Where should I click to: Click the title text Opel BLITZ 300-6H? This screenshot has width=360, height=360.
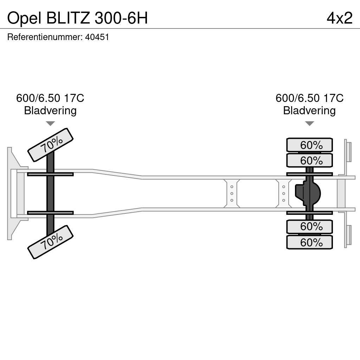pos(77,18)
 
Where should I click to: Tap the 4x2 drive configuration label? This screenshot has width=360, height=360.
pos(339,18)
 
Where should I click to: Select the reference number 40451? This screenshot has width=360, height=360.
pos(97,37)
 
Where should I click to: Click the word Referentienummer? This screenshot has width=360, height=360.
pos(45,37)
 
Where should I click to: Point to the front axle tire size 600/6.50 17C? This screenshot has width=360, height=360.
pos(50,98)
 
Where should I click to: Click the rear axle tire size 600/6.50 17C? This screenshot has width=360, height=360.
pos(309,98)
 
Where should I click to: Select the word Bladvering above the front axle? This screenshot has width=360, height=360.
pos(50,111)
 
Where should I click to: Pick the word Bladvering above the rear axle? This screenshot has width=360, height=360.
pos(309,111)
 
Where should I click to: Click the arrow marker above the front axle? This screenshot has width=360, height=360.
pos(50,123)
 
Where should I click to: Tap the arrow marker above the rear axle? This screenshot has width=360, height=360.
pos(309,123)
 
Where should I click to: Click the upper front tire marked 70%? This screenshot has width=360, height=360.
pos(50,145)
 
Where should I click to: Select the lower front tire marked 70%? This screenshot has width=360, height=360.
pos(50,242)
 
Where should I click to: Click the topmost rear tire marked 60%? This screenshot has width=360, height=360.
pos(309,145)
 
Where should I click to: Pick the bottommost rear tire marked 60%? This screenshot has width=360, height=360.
pos(309,242)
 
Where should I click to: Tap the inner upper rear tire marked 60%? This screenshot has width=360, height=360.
pos(309,161)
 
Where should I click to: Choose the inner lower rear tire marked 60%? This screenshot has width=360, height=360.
pos(309,226)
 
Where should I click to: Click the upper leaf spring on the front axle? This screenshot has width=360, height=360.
pos(50,174)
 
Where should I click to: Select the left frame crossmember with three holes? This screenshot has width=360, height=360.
pos(232,193)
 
